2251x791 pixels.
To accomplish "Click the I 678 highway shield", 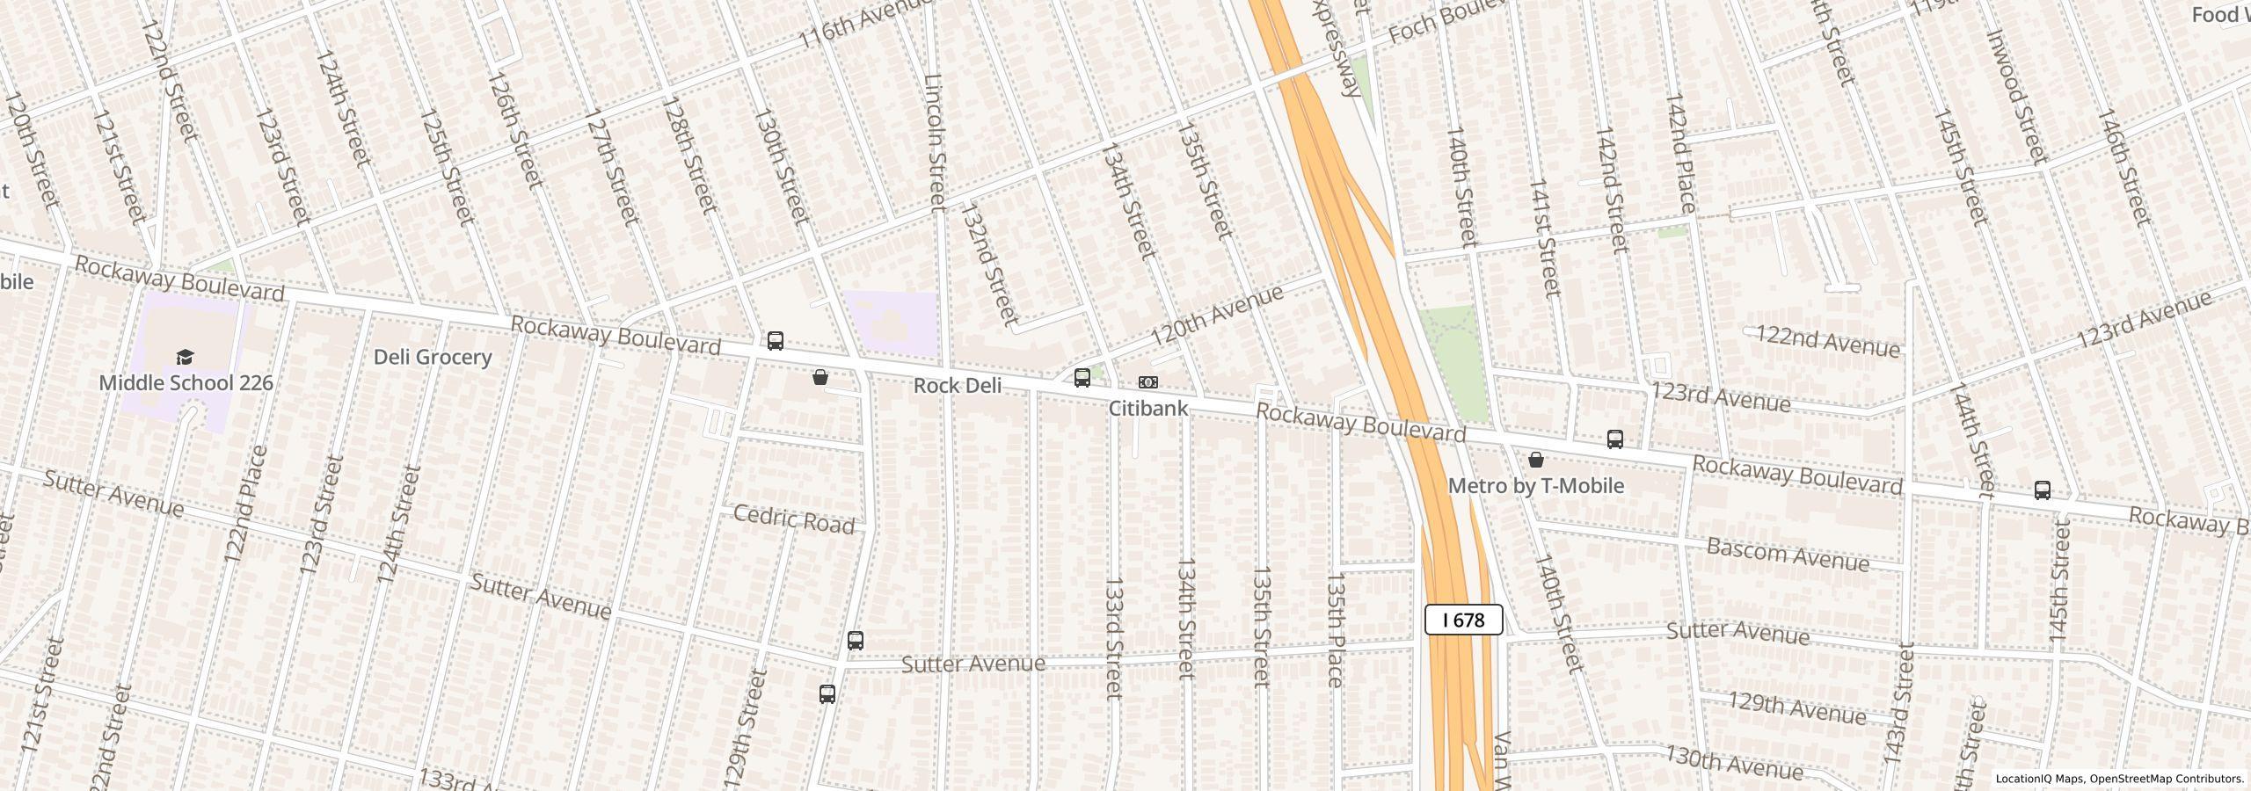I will pyautogui.click(x=1463, y=620).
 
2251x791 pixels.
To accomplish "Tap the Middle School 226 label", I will pyautogui.click(x=186, y=383).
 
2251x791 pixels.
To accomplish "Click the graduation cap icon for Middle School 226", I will pyautogui.click(x=185, y=357).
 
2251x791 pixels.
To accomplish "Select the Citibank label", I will pyautogui.click(x=1147, y=409).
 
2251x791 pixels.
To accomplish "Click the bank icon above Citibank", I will pyautogui.click(x=1148, y=382).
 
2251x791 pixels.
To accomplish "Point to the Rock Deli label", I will pyautogui.click(x=957, y=386).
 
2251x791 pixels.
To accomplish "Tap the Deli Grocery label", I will pyautogui.click(x=432, y=357).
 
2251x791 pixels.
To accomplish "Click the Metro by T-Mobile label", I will pyautogui.click(x=1535, y=486).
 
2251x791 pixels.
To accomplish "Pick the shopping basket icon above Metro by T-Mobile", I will pyautogui.click(x=1535, y=460).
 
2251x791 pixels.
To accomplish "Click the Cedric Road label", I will pyautogui.click(x=793, y=519).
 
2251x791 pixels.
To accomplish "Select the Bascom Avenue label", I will pyautogui.click(x=1788, y=555).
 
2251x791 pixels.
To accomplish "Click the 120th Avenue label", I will pyautogui.click(x=1217, y=316).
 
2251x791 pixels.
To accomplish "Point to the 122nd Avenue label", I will pyautogui.click(x=1827, y=342).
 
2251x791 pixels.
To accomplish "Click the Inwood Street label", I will pyautogui.click(x=2017, y=97).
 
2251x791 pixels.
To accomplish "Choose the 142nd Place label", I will pyautogui.click(x=1679, y=152).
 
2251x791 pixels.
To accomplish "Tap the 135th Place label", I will pyautogui.click(x=1335, y=629).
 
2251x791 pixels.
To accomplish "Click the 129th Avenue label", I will pyautogui.click(x=1796, y=708).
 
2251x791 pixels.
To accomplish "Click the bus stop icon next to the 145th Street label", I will pyautogui.click(x=2042, y=490).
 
